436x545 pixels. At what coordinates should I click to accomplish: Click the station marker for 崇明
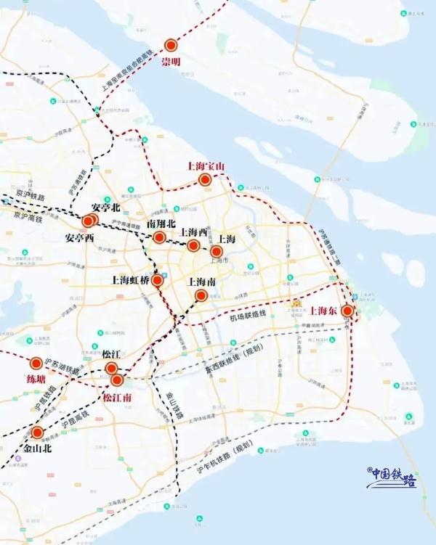(x=171, y=46)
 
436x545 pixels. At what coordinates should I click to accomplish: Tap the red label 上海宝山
(x=206, y=166)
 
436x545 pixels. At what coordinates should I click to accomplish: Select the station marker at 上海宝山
(x=206, y=179)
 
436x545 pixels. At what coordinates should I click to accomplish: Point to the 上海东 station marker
(x=347, y=311)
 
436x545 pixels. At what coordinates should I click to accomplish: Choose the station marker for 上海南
(x=201, y=295)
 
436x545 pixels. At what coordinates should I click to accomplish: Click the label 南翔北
(x=161, y=224)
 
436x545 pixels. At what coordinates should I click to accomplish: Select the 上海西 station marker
(x=193, y=246)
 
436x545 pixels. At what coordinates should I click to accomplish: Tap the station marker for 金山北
(x=38, y=433)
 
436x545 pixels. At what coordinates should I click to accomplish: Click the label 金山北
(x=38, y=448)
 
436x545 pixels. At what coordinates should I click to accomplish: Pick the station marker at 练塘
(x=36, y=364)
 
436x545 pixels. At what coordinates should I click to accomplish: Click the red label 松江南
(x=116, y=397)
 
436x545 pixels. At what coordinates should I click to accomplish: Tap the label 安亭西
(x=79, y=237)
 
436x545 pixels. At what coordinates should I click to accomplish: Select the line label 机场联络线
(x=249, y=318)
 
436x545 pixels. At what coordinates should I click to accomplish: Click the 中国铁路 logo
(x=392, y=476)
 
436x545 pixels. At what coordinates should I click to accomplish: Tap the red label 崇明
(x=171, y=62)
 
